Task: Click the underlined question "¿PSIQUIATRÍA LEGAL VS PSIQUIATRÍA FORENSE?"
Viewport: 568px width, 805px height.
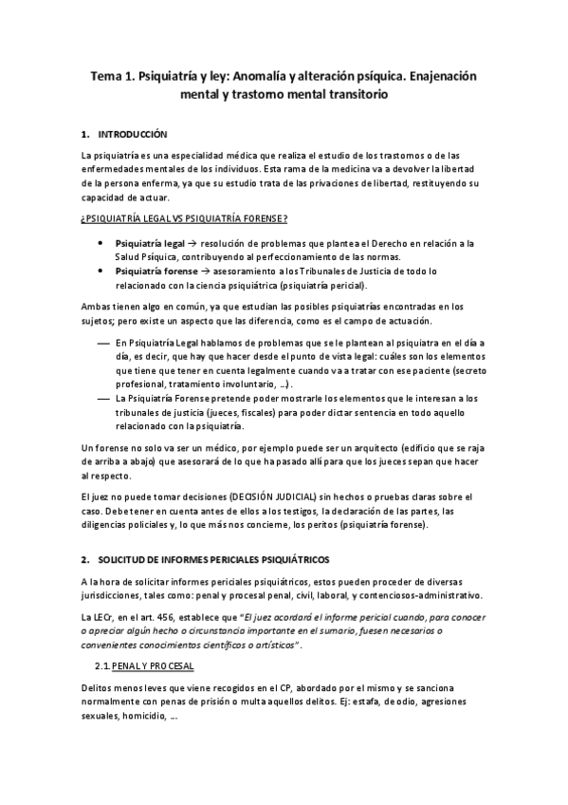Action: point(184,219)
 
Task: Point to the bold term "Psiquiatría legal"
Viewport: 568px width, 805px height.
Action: point(148,244)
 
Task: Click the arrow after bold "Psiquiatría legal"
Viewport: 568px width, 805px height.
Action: point(191,244)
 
